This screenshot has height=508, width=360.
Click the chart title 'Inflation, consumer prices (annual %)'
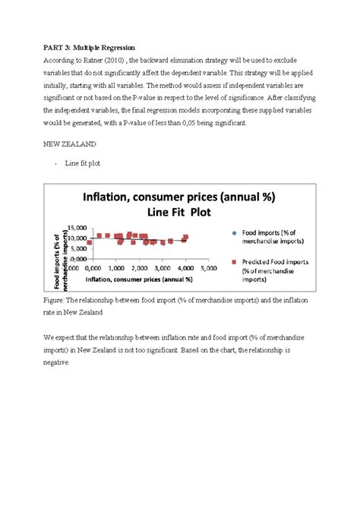(179, 199)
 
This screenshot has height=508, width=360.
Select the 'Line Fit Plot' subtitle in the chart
(179, 213)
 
